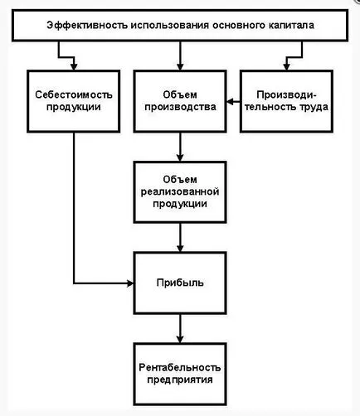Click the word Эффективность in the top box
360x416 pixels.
[87, 25]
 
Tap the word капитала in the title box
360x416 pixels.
[291, 26]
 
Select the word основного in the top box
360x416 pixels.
[239, 26]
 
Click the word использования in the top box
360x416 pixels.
[170, 26]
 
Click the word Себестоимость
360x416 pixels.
[74, 94]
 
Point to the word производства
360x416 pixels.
[180, 107]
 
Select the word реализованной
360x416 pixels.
[180, 191]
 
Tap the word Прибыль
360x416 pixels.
[180, 283]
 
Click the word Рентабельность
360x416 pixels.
[180, 367]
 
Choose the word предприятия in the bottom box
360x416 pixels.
[180, 380]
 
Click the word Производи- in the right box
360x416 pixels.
[286, 94]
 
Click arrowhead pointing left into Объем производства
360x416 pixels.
[230, 102]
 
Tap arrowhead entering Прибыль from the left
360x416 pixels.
[130, 283]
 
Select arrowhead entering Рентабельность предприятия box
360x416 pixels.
[180, 339]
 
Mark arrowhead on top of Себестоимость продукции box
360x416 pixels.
[74, 66]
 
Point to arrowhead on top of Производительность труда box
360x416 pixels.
[286, 66]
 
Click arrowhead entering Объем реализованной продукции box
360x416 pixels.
[180, 157]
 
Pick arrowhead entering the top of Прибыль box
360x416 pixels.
[180, 248]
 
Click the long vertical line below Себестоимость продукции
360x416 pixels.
[74, 208]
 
